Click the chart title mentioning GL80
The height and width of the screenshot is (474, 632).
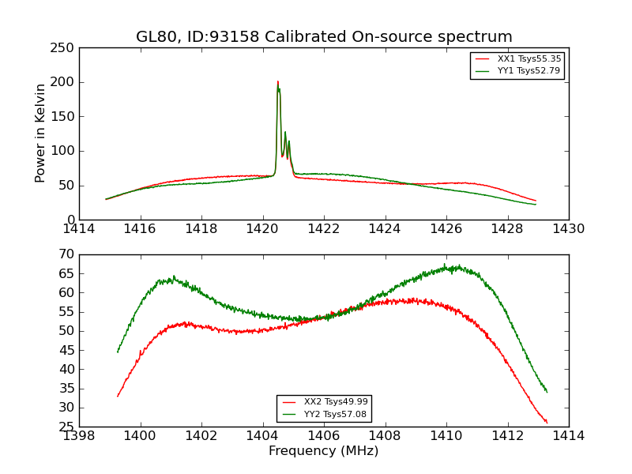pos(324,37)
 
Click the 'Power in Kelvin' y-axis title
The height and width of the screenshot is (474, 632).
pos(40,133)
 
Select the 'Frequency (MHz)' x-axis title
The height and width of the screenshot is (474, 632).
pos(323,451)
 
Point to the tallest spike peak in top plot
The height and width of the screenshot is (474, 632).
pos(277,81)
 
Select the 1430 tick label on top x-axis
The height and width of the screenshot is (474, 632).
pos(568,229)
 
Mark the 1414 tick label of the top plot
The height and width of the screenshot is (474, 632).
pos(79,229)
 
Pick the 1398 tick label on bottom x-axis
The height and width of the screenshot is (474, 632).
pos(79,436)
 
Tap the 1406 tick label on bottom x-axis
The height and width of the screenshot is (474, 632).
pos(324,436)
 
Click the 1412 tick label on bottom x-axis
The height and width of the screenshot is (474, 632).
pos(507,436)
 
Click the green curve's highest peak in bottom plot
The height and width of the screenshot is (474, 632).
pos(444,265)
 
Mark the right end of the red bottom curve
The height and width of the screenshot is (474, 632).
pos(547,423)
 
